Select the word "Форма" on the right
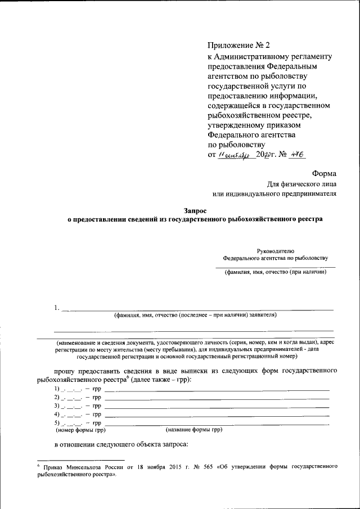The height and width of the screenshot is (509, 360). pos(323,174)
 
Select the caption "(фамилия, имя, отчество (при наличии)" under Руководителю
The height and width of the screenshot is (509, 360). pos(276,272)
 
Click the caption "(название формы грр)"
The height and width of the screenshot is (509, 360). pos(194,430)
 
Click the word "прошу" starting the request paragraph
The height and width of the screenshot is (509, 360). pos(66,372)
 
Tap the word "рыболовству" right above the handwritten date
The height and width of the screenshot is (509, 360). pos(233,144)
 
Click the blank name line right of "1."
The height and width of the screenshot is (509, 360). pos(197,309)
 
